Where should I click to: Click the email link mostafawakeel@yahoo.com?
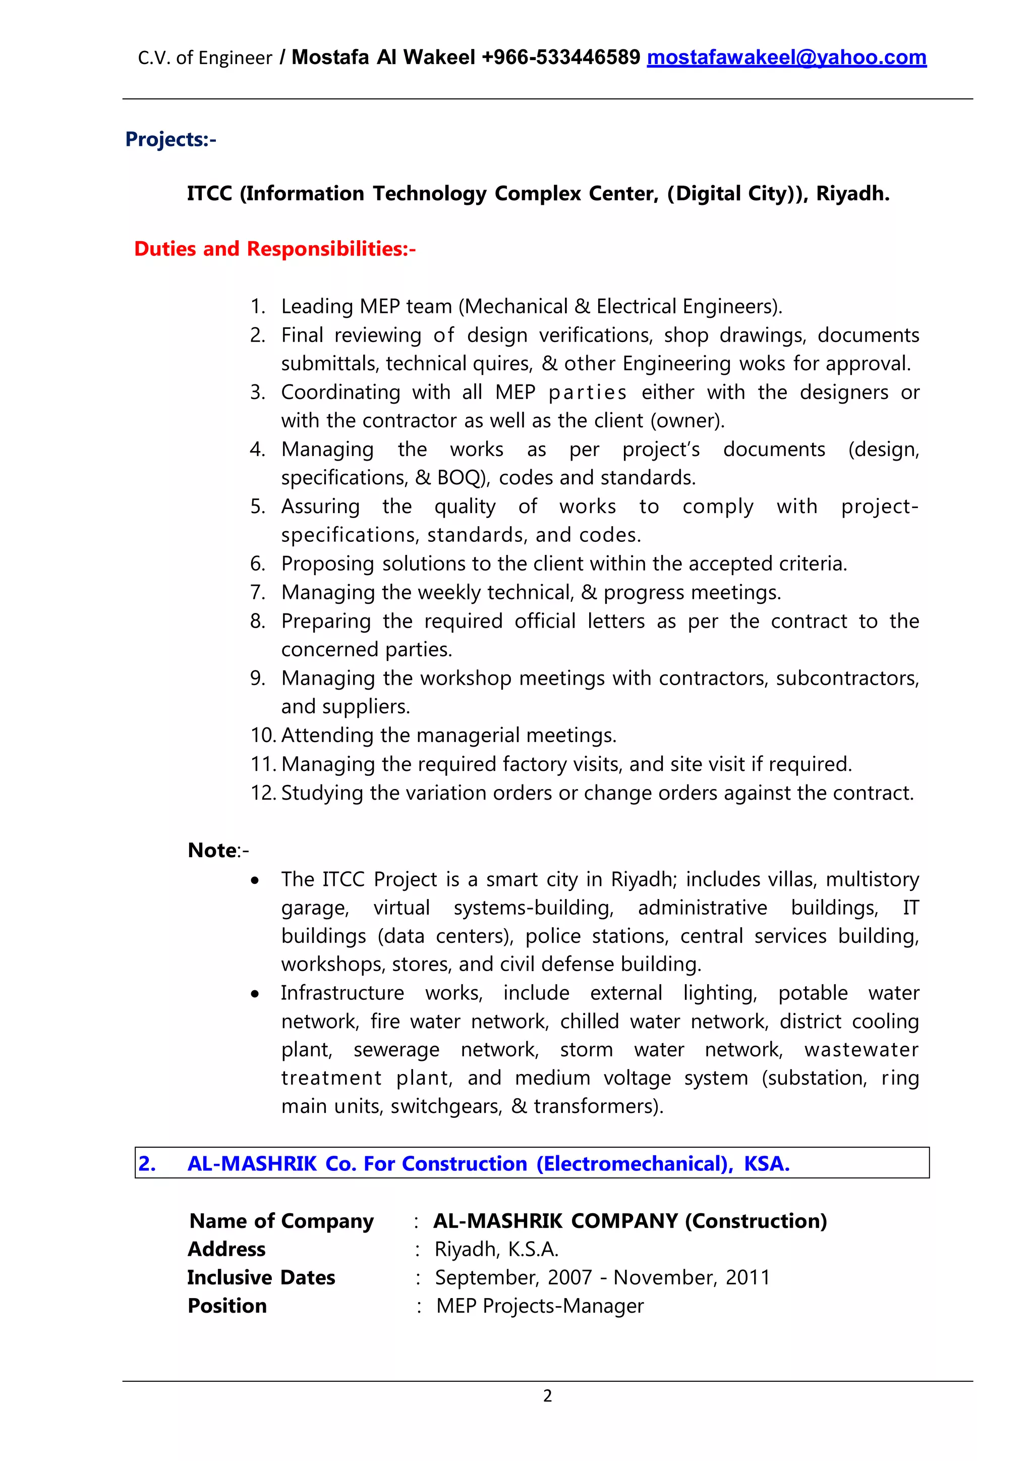(x=786, y=58)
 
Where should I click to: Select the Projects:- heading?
(x=170, y=139)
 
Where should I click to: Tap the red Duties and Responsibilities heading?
(x=275, y=248)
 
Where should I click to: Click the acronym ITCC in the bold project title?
(x=209, y=193)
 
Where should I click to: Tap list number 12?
(x=263, y=793)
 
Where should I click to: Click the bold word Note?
(x=212, y=850)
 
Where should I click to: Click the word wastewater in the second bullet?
(x=862, y=1049)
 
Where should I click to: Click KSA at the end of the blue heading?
(x=767, y=1163)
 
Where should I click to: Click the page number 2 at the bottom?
(x=547, y=1396)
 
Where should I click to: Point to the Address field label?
(x=226, y=1249)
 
